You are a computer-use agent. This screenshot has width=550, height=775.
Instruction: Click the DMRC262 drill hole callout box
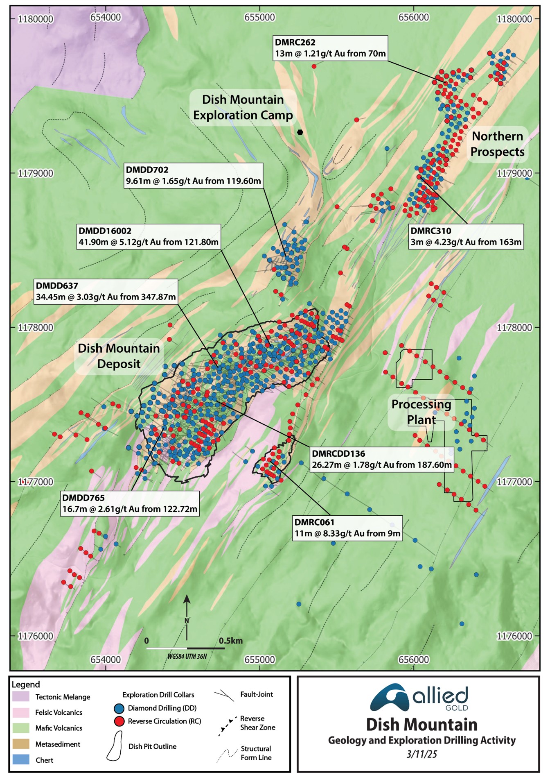[330, 48]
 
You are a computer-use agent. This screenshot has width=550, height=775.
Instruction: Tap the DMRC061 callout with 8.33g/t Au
[347, 528]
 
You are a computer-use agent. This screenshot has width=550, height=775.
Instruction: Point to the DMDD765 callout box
[130, 503]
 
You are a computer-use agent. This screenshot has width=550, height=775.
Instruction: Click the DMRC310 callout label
[466, 236]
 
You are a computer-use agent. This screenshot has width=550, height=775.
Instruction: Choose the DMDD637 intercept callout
[106, 291]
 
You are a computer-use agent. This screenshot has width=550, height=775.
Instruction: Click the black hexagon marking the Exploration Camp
[300, 132]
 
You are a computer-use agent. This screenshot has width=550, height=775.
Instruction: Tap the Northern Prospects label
[497, 144]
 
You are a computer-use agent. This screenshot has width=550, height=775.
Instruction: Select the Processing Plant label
[421, 412]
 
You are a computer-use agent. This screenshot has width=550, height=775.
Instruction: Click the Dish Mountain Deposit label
[119, 356]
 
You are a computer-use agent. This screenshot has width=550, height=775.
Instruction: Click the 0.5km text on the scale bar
[230, 641]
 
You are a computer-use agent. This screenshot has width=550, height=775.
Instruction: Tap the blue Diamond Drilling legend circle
[119, 708]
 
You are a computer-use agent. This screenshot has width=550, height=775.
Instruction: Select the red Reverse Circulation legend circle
[119, 721]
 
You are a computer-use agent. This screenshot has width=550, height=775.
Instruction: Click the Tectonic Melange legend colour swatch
[21, 697]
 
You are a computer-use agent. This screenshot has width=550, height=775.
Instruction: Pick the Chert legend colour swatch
[21, 759]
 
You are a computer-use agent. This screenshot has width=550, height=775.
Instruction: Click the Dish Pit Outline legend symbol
[115, 746]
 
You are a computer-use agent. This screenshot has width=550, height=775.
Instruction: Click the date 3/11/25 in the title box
[422, 754]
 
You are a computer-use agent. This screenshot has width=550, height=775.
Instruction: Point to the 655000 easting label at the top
[259, 17]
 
